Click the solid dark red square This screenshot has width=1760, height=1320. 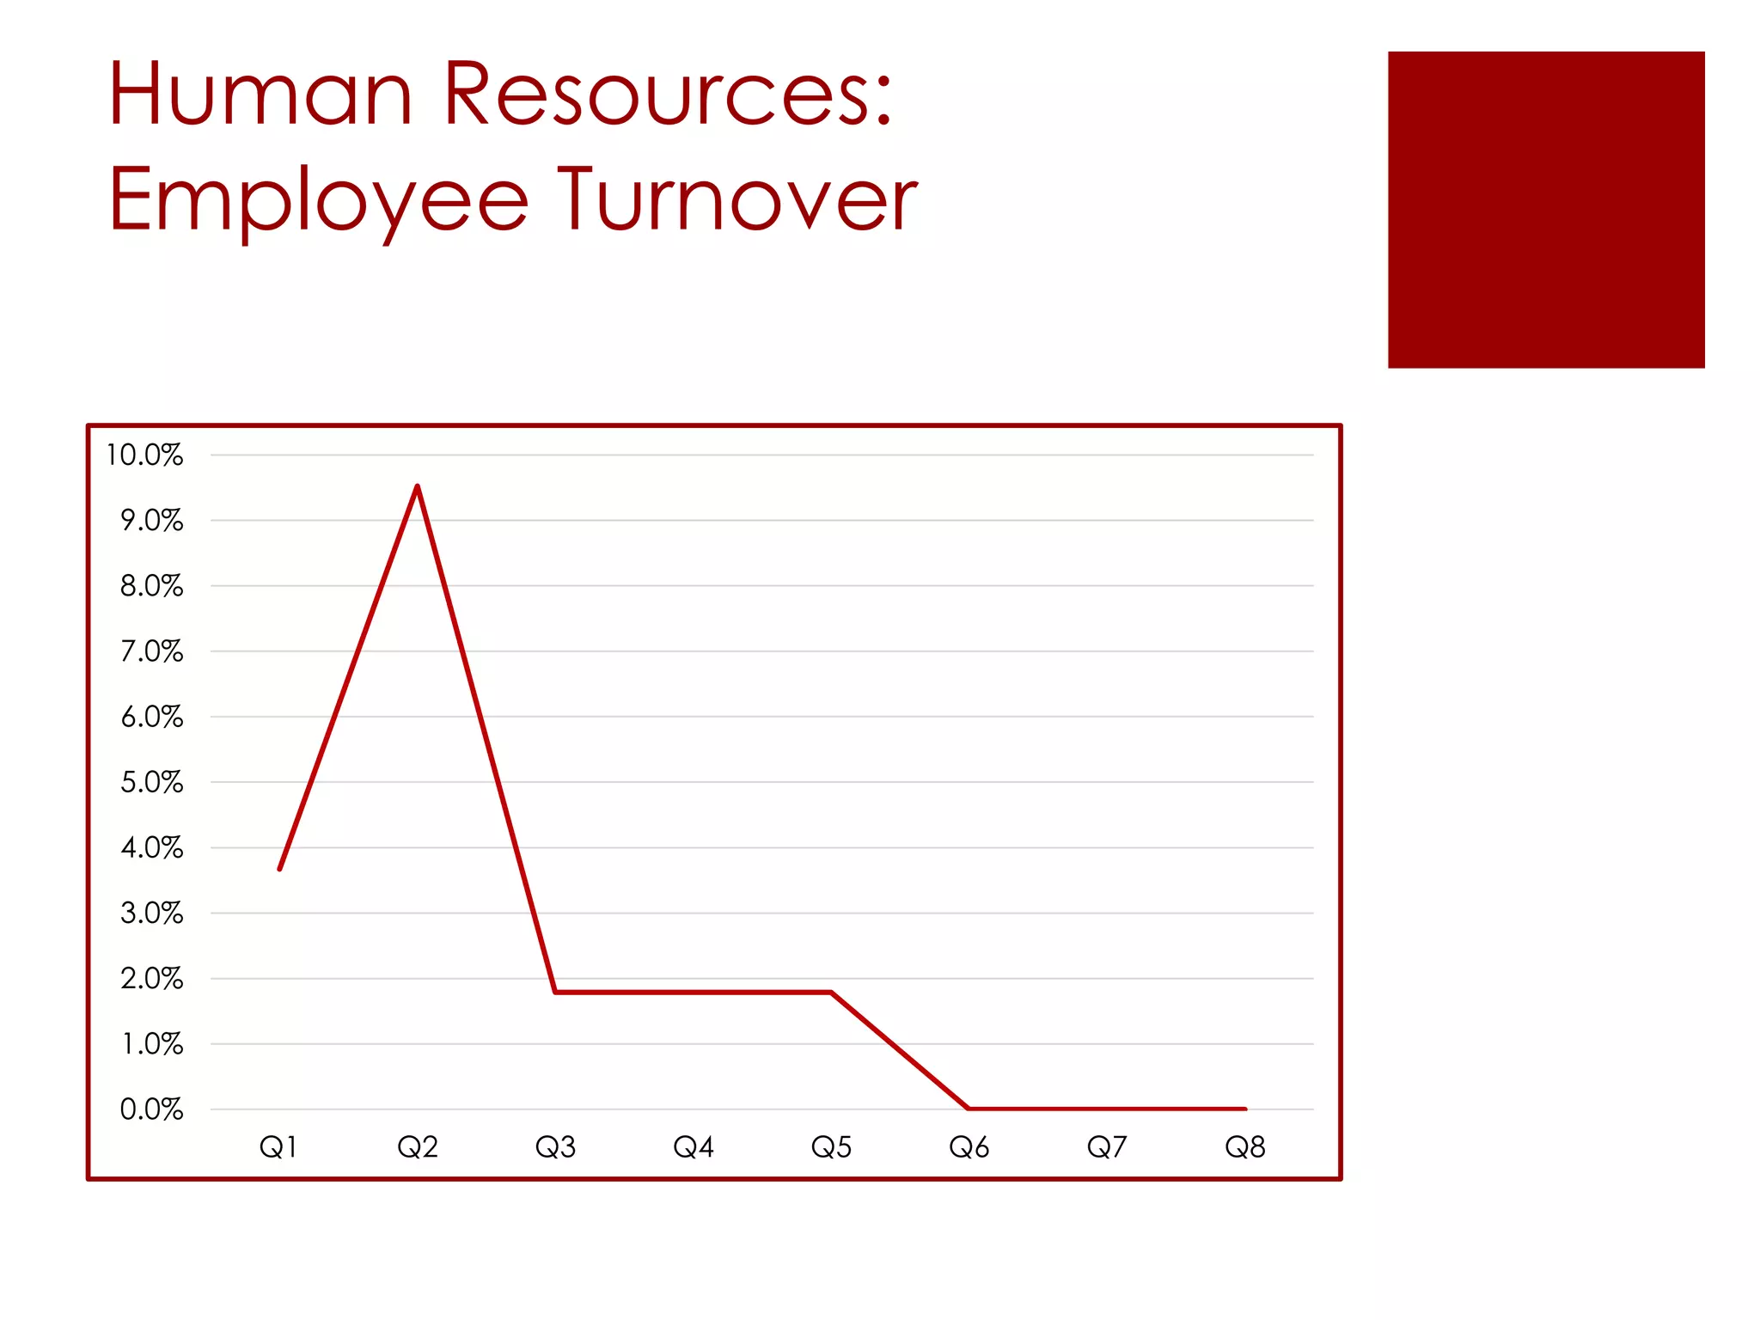tap(1545, 210)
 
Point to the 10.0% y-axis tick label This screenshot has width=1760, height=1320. tap(144, 455)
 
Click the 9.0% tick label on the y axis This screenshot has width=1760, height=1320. tap(151, 521)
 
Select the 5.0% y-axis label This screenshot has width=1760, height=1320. tap(151, 782)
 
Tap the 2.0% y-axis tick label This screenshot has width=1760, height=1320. tap(151, 979)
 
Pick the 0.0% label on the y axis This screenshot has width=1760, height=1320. tap(151, 1109)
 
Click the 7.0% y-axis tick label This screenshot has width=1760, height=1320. tap(151, 651)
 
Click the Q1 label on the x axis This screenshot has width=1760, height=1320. tap(278, 1147)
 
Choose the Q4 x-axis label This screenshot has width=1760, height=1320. tap(694, 1147)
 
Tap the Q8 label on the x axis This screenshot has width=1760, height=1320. tap(1245, 1147)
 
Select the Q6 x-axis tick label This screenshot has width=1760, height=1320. tap(969, 1147)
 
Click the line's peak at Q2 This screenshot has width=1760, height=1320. tap(418, 487)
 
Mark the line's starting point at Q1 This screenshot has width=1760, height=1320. tap(280, 869)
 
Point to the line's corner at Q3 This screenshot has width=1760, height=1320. tap(556, 992)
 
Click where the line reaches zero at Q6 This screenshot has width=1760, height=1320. tap(969, 1109)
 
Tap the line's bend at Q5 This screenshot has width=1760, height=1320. tap(831, 992)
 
